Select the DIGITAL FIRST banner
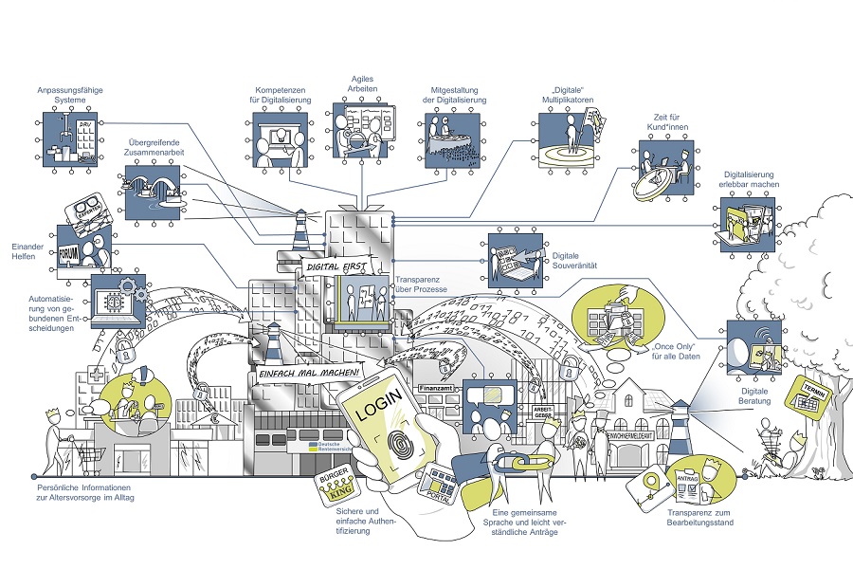point(330,267)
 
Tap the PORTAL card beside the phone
point(443,485)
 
